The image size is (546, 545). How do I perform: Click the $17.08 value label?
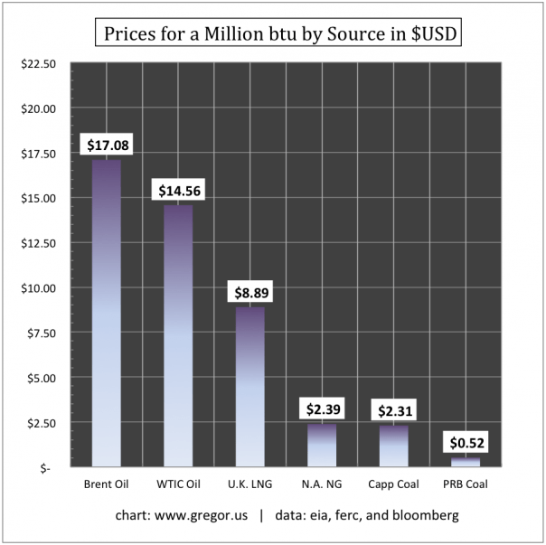pos(106,145)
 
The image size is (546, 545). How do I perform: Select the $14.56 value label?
pos(177,191)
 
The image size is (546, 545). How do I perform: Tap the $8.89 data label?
pos(249,293)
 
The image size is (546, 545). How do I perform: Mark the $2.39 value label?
pos(322,409)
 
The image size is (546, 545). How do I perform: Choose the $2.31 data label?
pos(394,410)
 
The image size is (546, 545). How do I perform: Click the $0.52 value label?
pos(466,443)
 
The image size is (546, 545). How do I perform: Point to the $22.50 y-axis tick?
pos(38,64)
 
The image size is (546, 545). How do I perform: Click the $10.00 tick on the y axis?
pos(38,288)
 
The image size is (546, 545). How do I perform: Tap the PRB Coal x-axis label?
pos(466,484)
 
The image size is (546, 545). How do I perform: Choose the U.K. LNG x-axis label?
pos(249,484)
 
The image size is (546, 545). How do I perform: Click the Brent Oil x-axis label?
pos(106,484)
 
